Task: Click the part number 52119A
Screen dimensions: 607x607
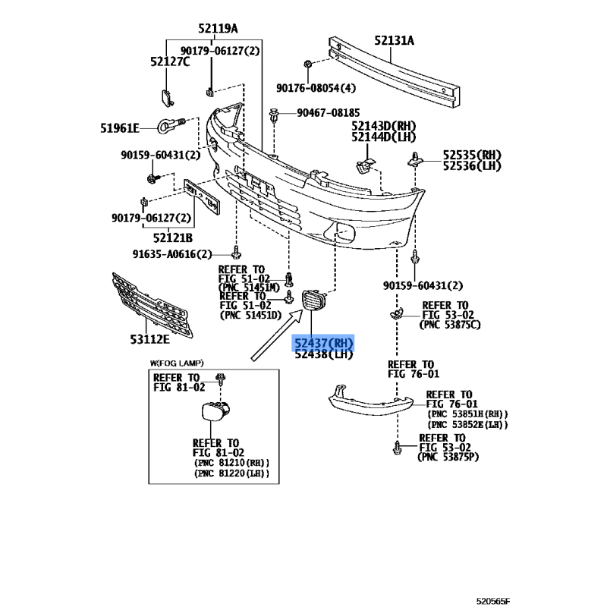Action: point(218,28)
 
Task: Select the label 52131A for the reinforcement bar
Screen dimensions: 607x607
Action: point(394,40)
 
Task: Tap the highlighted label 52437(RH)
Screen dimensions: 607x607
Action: point(324,343)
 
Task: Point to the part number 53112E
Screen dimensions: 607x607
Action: point(149,339)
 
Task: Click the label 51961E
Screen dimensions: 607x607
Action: point(120,128)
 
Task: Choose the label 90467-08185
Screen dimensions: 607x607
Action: point(329,112)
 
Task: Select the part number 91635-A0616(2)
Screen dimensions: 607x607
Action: point(172,254)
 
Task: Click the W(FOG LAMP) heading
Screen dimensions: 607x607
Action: point(177,363)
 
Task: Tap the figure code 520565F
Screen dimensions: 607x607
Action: point(492,601)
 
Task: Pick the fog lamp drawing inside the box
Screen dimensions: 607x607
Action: point(215,411)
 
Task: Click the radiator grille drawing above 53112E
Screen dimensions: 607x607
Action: point(152,305)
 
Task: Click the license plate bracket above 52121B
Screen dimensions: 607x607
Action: point(202,197)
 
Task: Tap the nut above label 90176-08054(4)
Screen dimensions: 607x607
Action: point(307,64)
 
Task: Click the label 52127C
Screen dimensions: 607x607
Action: point(170,61)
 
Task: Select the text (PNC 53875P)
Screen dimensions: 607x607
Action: point(448,457)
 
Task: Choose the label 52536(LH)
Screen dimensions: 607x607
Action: point(472,165)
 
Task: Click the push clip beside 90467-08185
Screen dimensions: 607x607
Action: point(274,116)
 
